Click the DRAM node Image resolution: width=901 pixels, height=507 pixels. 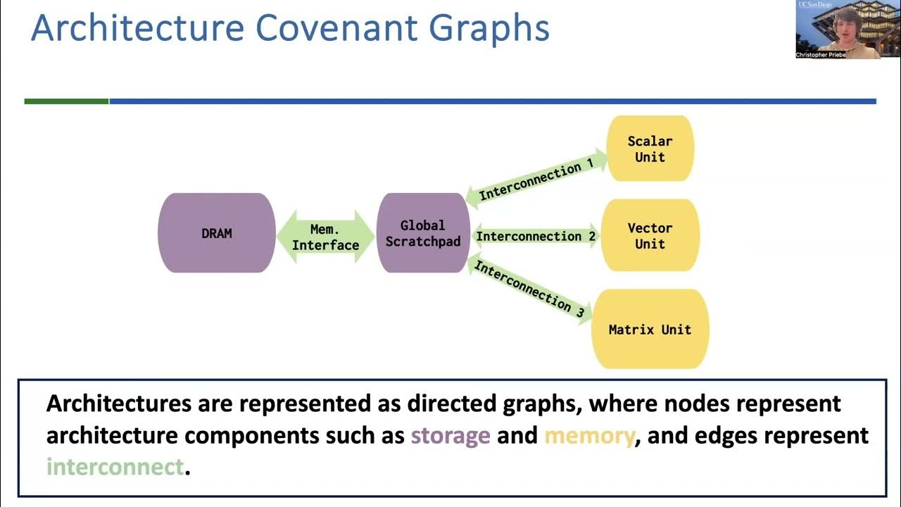click(217, 233)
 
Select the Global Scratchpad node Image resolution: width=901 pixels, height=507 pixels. click(422, 233)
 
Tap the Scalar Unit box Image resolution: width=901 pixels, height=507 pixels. click(650, 149)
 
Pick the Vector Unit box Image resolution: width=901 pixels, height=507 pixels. click(650, 236)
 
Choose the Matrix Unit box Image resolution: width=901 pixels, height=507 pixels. click(650, 329)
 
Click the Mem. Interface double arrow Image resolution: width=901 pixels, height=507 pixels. click(325, 237)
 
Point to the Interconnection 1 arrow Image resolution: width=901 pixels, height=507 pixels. click(536, 180)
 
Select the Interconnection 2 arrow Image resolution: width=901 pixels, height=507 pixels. click(536, 237)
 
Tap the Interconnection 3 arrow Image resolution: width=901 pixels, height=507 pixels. click(529, 289)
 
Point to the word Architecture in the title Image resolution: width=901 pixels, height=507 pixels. click(137, 28)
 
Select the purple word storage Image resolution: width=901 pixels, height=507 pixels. click(450, 435)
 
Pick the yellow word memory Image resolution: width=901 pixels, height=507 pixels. click(589, 435)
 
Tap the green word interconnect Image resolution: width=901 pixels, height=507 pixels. click(115, 466)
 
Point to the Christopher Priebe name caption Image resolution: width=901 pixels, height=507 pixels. click(821, 54)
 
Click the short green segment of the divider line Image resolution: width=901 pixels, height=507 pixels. click(67, 101)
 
